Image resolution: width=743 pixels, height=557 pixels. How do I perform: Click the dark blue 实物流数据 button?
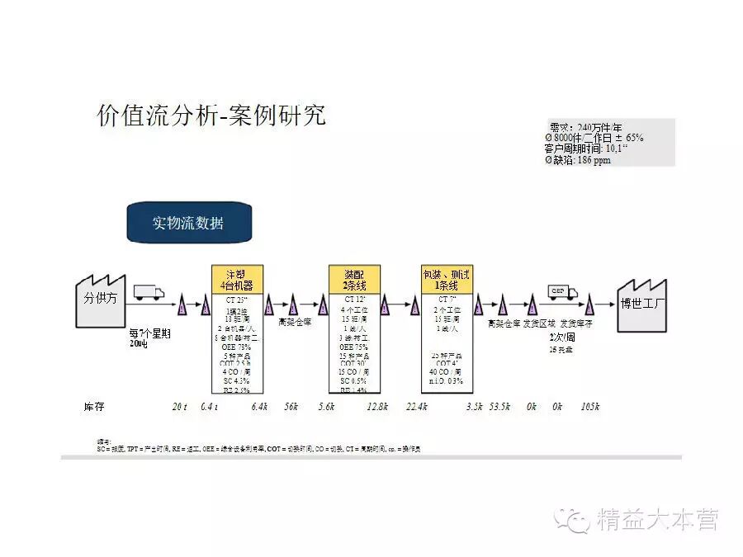click(x=188, y=224)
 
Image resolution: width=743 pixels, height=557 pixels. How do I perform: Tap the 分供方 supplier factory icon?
click(x=99, y=298)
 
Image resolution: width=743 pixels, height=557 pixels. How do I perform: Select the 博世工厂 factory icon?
click(x=642, y=302)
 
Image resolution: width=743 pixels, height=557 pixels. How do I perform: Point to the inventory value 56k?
click(x=291, y=407)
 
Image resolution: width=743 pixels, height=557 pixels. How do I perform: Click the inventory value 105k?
click(x=589, y=407)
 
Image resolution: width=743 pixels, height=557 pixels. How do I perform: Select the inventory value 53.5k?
click(x=500, y=407)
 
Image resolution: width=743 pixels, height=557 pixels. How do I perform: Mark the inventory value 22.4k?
click(x=416, y=407)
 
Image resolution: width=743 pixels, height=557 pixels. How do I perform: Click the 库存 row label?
click(x=94, y=407)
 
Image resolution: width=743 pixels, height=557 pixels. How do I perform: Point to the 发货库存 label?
click(x=576, y=323)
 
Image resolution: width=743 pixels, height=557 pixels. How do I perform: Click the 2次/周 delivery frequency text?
click(x=562, y=338)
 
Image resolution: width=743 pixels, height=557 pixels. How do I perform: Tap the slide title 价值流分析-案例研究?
click(x=211, y=116)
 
